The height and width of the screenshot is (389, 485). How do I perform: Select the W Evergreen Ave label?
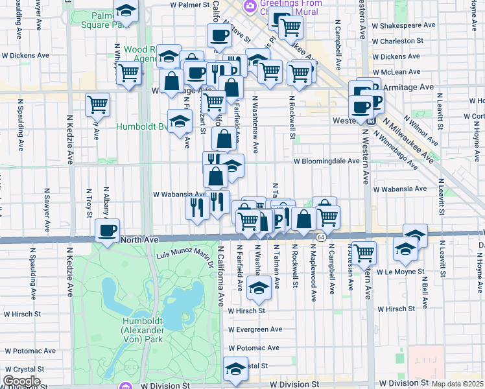(255, 329)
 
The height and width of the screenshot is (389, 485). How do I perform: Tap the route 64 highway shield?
(321, 238)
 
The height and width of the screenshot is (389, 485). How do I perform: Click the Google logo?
(21, 381)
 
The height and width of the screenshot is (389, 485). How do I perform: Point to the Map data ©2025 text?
(458, 384)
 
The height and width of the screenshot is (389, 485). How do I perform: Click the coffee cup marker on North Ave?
(107, 230)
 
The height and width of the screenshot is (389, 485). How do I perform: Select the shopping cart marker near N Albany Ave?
(97, 103)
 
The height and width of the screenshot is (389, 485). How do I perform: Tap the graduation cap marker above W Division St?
(235, 368)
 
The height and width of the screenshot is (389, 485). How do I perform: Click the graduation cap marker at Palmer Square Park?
(126, 11)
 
